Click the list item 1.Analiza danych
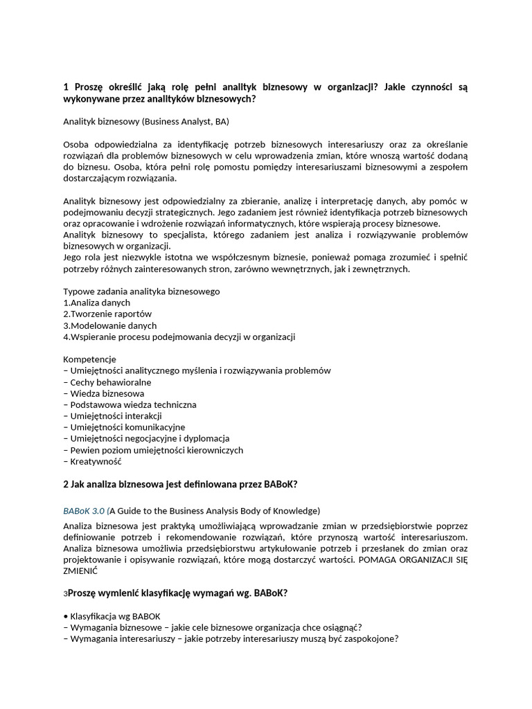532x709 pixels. tap(97, 303)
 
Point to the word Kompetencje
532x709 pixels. tap(90, 359)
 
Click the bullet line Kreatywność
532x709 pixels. tap(96, 461)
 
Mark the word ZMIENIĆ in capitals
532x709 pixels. tap(80, 572)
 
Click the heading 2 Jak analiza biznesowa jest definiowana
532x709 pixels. tap(180, 484)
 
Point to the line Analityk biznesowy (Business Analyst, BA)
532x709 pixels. tap(146, 121)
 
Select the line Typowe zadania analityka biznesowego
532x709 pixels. tap(142, 291)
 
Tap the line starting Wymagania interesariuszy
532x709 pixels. tap(231, 638)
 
